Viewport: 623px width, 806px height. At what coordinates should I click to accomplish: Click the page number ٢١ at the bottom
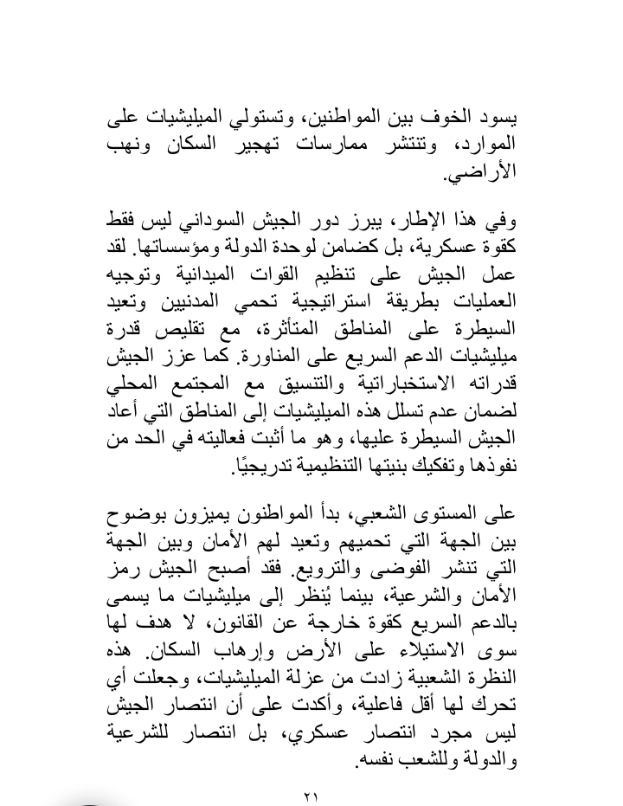[x=311, y=794]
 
